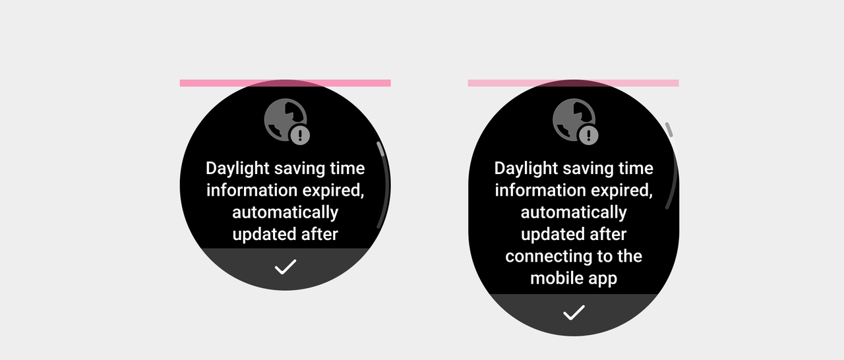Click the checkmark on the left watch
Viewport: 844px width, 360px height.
pos(286,267)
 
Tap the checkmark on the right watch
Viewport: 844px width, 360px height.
pos(574,313)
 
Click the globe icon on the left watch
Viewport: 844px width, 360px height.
pos(286,120)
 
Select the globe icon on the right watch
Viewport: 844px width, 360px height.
pos(574,120)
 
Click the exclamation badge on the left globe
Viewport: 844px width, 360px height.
pos(300,135)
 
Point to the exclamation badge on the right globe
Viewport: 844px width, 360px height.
pos(589,135)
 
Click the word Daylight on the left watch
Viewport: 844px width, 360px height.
pos(237,168)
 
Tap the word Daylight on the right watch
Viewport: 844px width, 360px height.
pos(526,168)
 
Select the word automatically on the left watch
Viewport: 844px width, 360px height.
pos(286,212)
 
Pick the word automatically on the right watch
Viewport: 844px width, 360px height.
pos(574,212)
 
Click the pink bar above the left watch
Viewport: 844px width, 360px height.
pos(286,83)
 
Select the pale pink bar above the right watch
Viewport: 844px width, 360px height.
pos(573,83)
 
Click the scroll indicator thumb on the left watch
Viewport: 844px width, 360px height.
pos(380,149)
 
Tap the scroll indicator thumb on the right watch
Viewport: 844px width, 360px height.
pos(669,129)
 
